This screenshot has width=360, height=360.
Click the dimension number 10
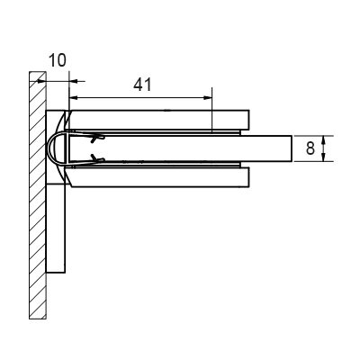tap(57, 60)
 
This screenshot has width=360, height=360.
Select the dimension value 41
tap(142, 85)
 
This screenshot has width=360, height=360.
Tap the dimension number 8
tap(310, 148)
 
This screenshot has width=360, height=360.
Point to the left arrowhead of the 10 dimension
tap(41, 81)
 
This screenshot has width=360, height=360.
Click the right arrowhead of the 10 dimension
tap(74, 81)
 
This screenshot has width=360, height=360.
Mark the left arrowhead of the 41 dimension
tap(74, 97)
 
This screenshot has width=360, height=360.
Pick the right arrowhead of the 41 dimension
tap(208, 97)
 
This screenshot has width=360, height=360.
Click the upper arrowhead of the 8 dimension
tap(323, 140)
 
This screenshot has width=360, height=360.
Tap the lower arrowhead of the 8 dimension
tap(323, 157)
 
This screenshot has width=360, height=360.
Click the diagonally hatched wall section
tap(38, 195)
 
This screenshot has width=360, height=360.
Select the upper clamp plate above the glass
tap(159, 120)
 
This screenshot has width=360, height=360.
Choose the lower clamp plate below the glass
tap(159, 177)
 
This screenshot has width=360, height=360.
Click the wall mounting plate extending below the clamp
tap(56, 228)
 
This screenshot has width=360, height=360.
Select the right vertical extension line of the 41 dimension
tap(211, 110)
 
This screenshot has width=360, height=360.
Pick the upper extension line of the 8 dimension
tap(313, 136)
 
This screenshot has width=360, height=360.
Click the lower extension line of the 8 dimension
tap(313, 161)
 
